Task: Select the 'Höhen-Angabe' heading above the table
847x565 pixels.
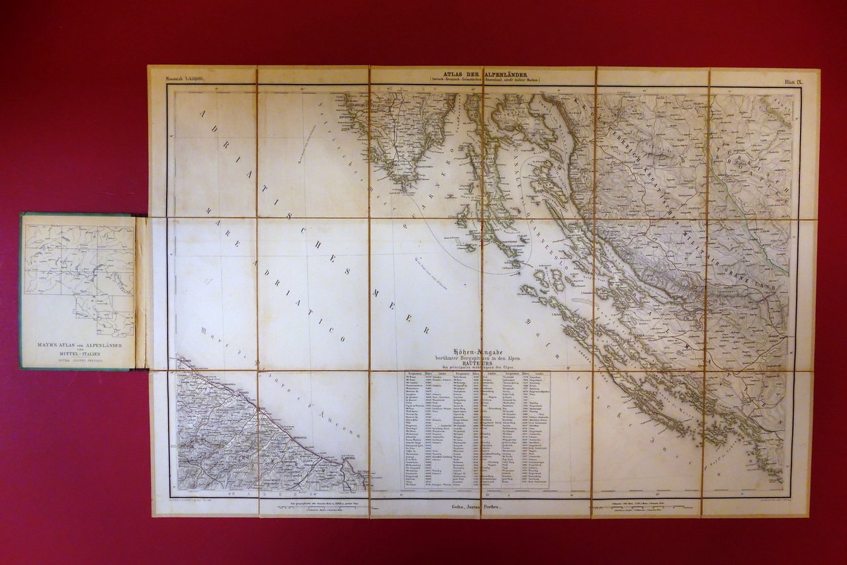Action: tap(476, 351)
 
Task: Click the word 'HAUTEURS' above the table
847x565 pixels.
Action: tap(476, 363)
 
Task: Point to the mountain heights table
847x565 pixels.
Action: tap(476, 430)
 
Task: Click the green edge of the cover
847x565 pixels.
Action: tap(22, 291)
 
